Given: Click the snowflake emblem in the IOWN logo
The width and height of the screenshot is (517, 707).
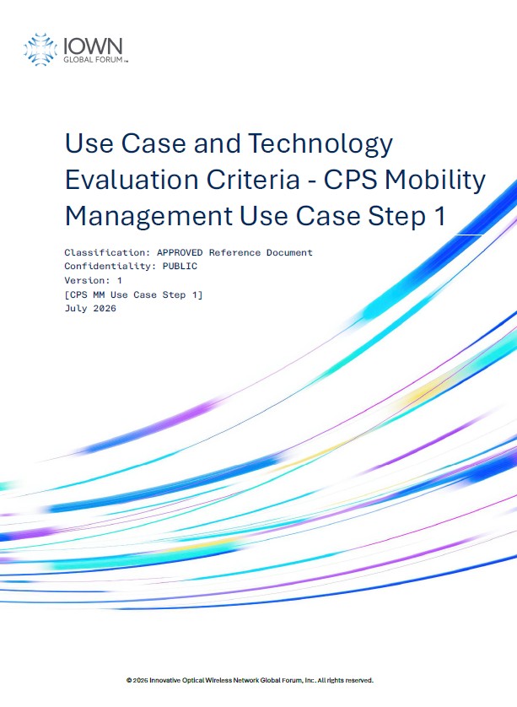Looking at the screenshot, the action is pyautogui.click(x=40, y=50).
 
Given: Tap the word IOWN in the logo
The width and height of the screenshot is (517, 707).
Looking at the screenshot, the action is pyautogui.click(x=93, y=46).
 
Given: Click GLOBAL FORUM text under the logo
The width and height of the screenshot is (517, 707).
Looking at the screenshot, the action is pyautogui.click(x=94, y=60).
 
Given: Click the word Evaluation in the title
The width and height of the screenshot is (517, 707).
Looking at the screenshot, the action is pyautogui.click(x=132, y=180).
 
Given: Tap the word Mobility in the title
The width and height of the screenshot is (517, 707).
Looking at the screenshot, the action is pyautogui.click(x=435, y=181).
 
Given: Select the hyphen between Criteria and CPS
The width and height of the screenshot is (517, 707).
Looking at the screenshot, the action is pyautogui.click(x=312, y=181).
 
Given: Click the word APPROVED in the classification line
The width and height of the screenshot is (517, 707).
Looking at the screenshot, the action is pyautogui.click(x=180, y=252).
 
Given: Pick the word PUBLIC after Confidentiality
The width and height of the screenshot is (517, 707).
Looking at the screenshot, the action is pyautogui.click(x=180, y=266).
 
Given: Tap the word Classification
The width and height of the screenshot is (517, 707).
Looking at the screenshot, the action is pyautogui.click(x=107, y=252).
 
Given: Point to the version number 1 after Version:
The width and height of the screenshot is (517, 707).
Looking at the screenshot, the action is pyautogui.click(x=120, y=280).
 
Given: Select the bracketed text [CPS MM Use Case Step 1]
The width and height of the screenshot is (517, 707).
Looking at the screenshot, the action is pyautogui.click(x=133, y=295).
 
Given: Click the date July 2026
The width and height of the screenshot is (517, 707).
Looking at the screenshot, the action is pyautogui.click(x=90, y=309).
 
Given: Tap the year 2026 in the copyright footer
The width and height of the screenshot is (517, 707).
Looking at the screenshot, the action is pyautogui.click(x=140, y=680).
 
